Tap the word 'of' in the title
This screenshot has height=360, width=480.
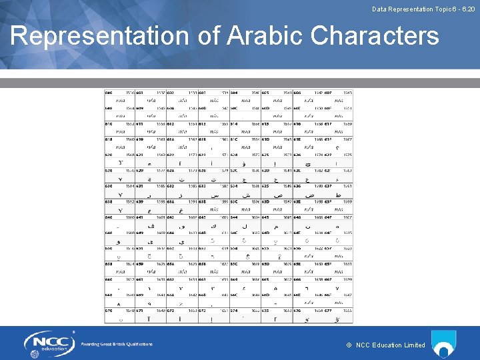click(209, 37)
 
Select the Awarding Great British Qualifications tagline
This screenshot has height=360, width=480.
click(117, 344)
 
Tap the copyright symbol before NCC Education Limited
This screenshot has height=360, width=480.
click(349, 345)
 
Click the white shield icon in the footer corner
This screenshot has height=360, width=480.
click(444, 344)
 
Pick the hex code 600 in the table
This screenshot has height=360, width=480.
click(108, 92)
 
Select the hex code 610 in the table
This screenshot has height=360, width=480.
click(108, 123)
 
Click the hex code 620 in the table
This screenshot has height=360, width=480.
click(108, 155)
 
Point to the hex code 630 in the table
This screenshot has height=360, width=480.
click(108, 186)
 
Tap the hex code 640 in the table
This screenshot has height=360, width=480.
click(108, 217)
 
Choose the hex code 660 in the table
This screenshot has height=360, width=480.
click(108, 280)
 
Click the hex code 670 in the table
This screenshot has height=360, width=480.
click(108, 311)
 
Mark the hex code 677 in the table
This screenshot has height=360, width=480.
click(328, 311)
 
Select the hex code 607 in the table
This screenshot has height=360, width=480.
click(328, 92)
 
